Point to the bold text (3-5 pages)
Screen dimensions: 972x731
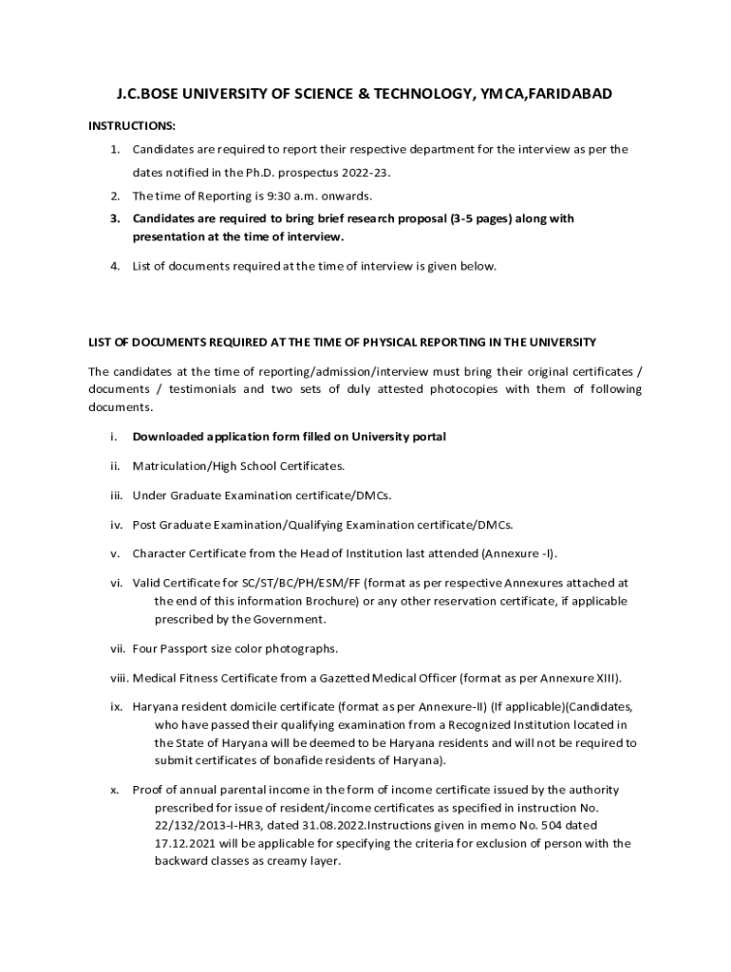[x=487, y=218]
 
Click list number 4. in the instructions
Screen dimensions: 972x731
[x=114, y=266]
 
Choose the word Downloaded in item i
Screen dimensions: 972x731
[x=170, y=437]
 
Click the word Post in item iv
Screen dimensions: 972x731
[x=145, y=524]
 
